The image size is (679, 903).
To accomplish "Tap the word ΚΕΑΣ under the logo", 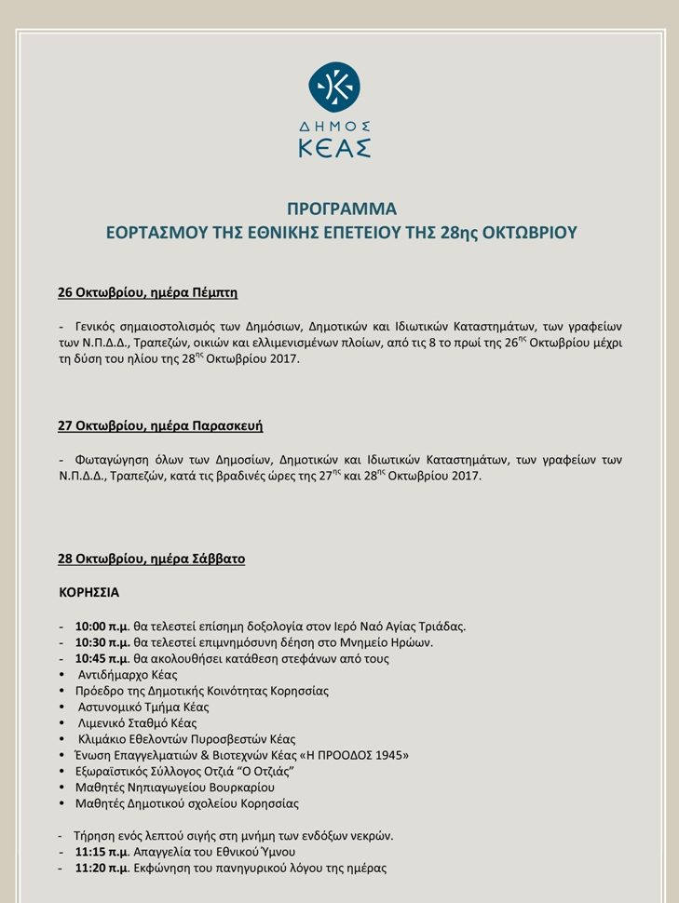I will [x=334, y=147].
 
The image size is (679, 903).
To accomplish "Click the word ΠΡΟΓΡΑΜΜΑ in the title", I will [x=341, y=209].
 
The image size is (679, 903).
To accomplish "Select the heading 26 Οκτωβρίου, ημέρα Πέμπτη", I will [x=148, y=293].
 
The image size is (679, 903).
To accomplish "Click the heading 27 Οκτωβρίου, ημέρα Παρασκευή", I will [x=160, y=426].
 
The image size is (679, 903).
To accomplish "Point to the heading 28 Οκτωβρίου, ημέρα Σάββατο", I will [x=152, y=559].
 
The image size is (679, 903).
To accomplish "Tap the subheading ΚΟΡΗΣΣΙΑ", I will [x=89, y=592].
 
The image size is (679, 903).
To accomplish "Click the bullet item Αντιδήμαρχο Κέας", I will [x=128, y=675].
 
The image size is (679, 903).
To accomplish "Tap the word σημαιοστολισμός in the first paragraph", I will [x=177, y=327].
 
